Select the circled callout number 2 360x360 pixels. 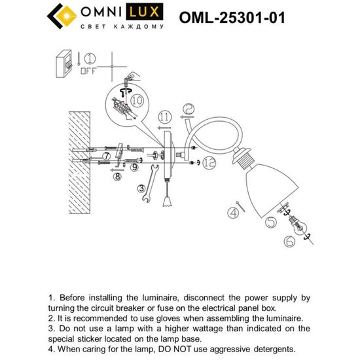pos(187,109)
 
